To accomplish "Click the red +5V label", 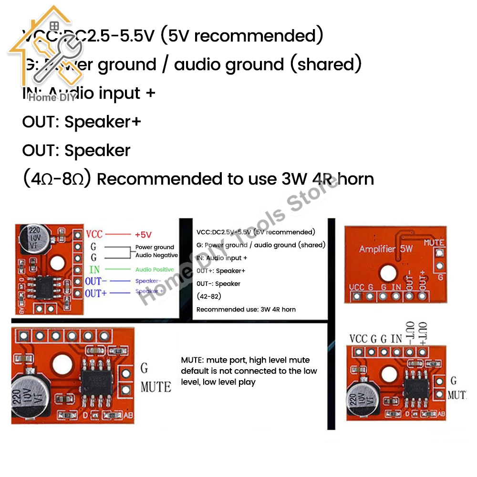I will coord(143,234).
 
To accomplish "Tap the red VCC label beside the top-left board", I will coord(94,234).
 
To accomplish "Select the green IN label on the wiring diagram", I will coord(94,270).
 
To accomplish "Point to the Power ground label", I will coord(155,247).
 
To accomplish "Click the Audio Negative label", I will coord(157,255).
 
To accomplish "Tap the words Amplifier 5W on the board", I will coord(385,249).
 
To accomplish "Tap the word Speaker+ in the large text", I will coord(103,122).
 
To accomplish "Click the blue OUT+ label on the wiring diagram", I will coord(96,292).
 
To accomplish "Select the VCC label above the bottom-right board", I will coord(358,339).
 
